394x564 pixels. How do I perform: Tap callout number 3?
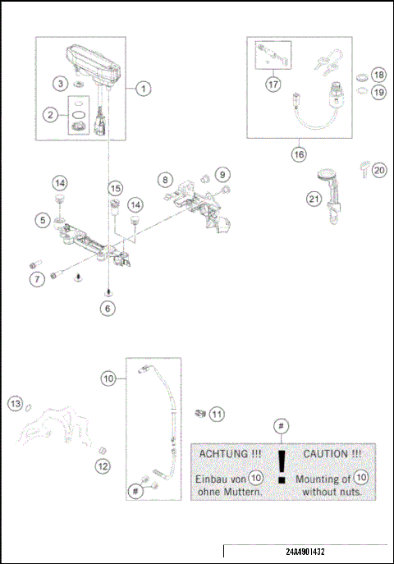tap(61, 84)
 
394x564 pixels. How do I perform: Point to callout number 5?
tap(41, 219)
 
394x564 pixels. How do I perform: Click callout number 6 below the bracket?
tap(108, 309)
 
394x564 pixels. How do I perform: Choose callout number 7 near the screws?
tap(37, 280)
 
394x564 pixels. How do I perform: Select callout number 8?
tap(165, 178)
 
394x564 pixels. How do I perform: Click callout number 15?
tap(115, 189)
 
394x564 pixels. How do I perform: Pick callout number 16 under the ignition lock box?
tap(298, 153)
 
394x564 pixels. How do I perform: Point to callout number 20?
tap(378, 170)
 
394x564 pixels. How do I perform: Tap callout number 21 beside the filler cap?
tap(314, 198)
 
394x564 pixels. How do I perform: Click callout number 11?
tap(217, 415)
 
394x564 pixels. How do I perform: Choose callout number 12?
tap(103, 466)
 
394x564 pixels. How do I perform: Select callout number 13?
tap(15, 402)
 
